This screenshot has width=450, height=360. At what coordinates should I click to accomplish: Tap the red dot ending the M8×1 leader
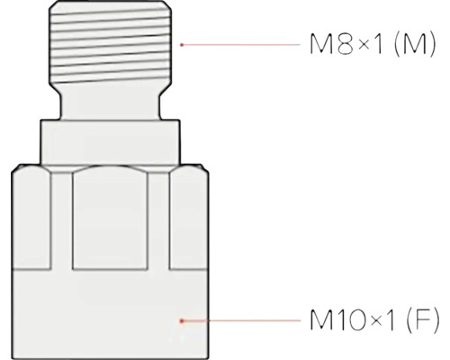pos(183,43)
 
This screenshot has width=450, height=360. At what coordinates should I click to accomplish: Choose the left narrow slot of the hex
pos(61,220)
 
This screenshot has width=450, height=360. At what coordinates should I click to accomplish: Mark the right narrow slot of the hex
pos(160,220)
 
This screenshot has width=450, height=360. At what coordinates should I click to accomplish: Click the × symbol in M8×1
pos(351,45)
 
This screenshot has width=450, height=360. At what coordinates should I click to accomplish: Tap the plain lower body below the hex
pos(112,310)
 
